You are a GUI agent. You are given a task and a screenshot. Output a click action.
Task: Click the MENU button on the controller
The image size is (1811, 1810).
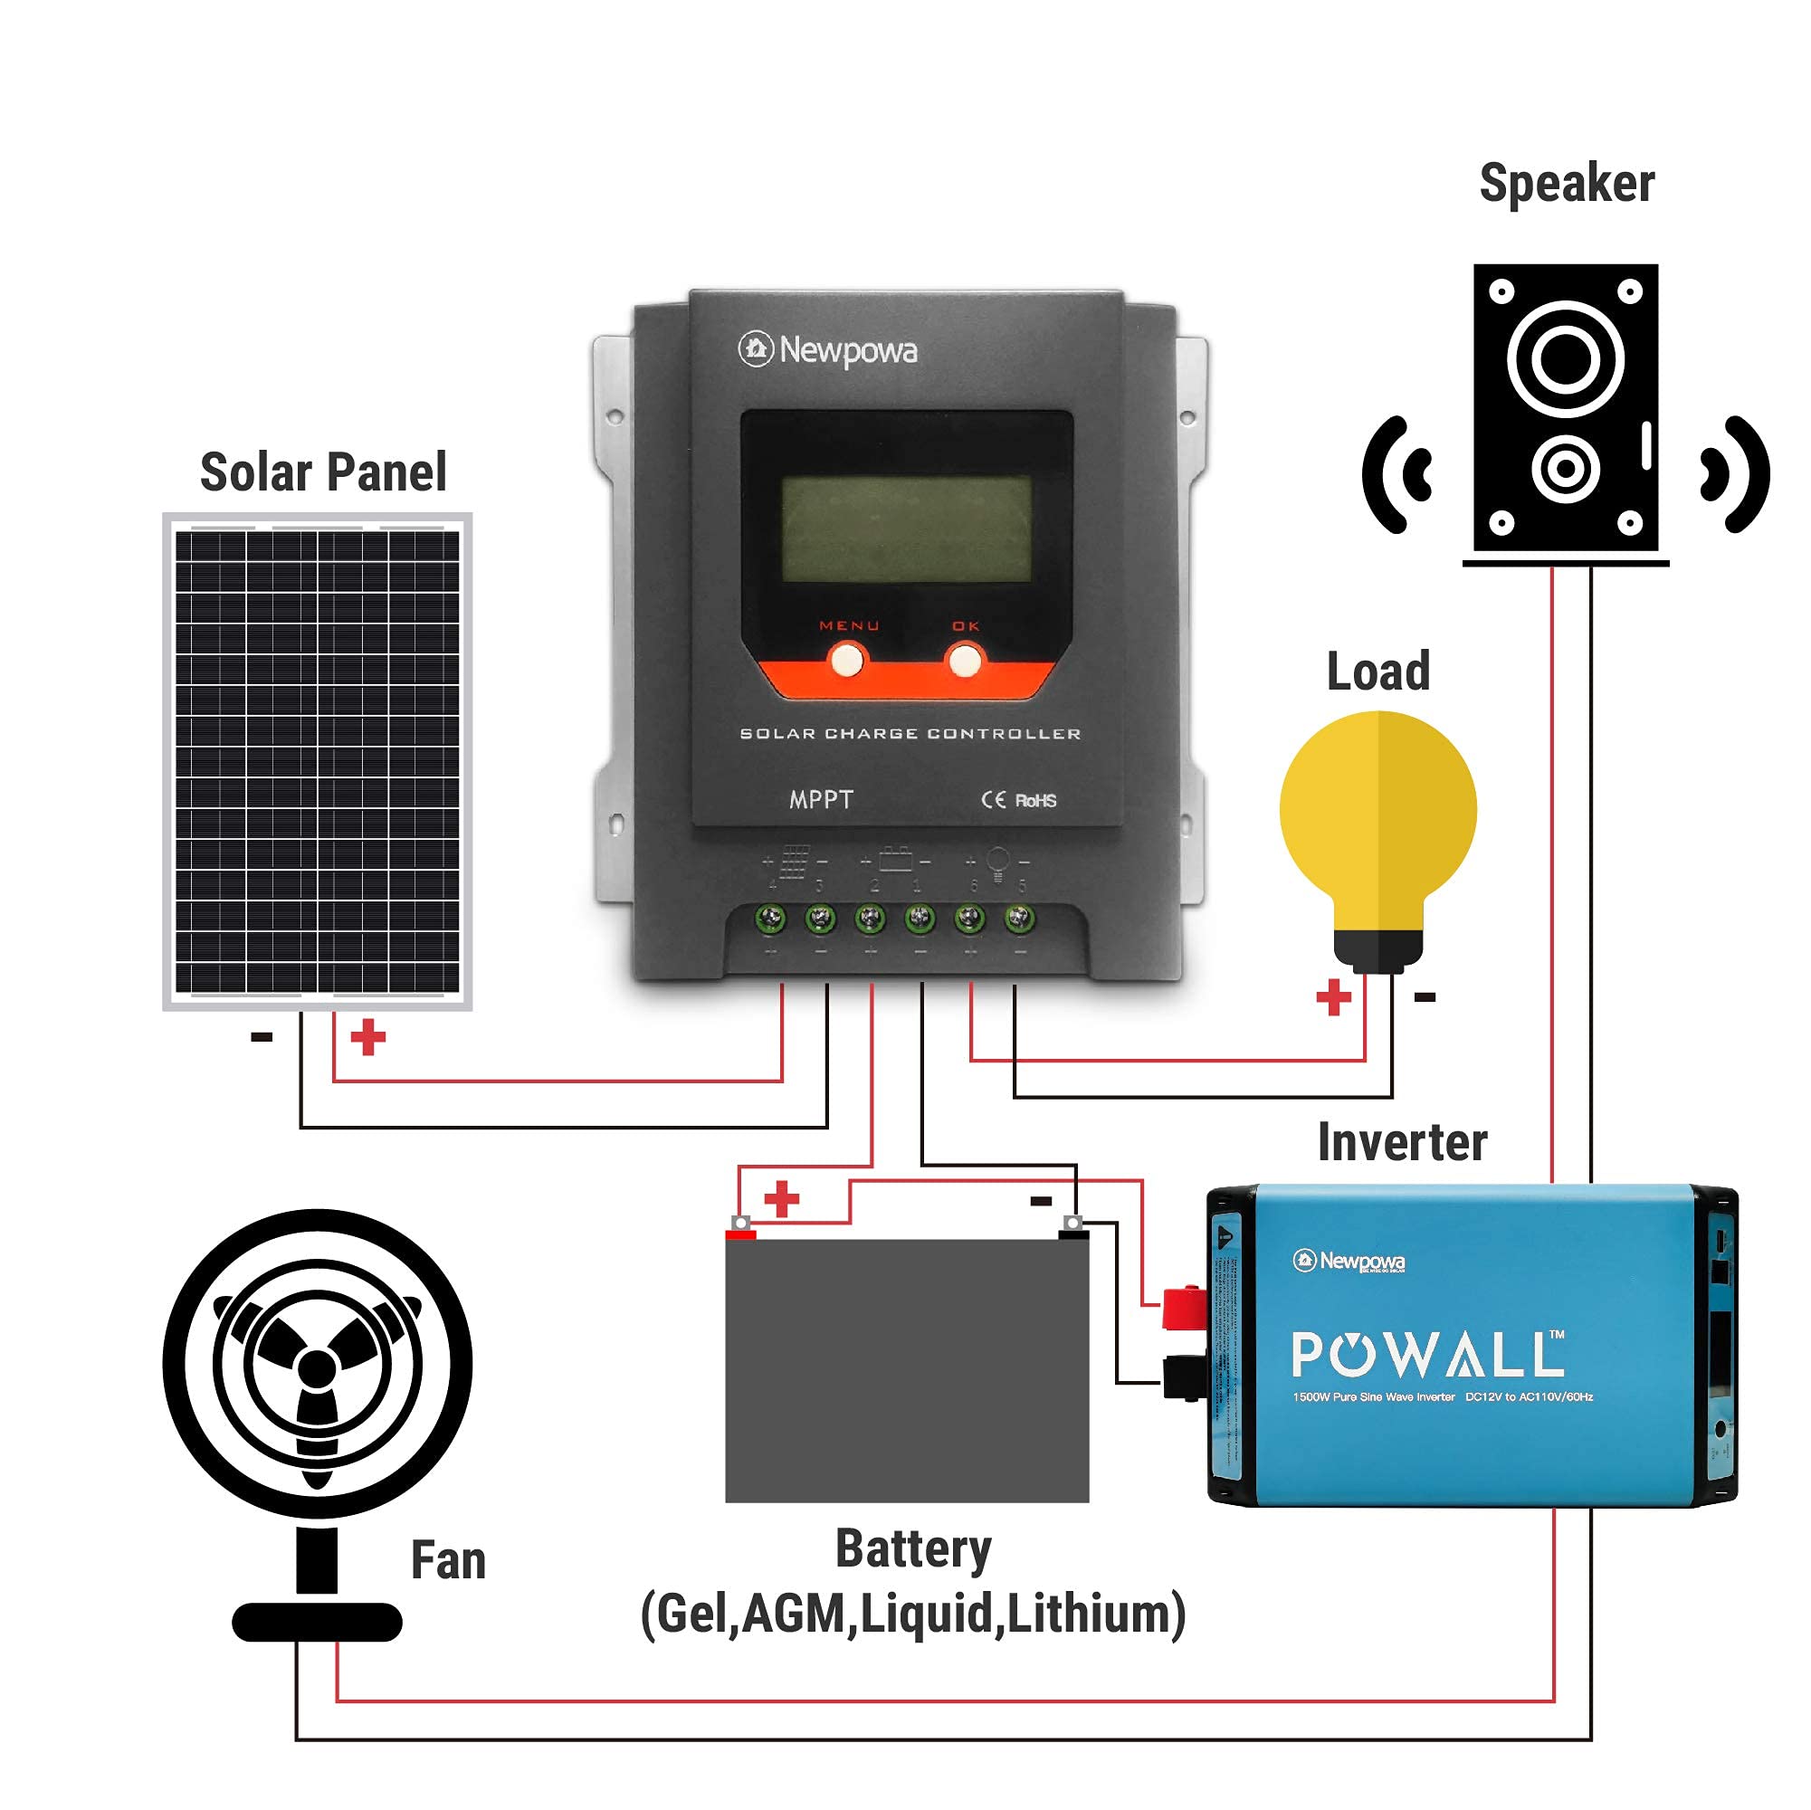(847, 660)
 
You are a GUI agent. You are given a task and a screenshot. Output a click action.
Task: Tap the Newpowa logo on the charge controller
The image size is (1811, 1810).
(828, 350)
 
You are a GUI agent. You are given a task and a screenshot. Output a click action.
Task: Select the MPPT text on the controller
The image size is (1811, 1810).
(821, 799)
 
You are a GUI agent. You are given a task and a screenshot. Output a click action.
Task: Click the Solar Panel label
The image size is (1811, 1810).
(323, 472)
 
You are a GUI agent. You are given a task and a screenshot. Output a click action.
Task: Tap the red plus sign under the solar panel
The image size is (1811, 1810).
(367, 1038)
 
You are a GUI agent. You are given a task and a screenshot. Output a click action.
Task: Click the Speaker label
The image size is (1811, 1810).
(1567, 184)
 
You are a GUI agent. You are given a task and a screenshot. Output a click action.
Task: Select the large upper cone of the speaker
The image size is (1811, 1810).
(1565, 359)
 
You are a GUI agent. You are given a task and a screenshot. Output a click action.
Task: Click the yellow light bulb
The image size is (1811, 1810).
(1377, 815)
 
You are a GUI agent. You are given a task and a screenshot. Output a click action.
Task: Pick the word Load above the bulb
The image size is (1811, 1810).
(1377, 672)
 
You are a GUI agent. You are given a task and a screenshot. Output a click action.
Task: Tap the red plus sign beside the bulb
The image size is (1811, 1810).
(1333, 997)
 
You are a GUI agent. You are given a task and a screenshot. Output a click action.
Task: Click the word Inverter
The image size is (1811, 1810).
(1402, 1143)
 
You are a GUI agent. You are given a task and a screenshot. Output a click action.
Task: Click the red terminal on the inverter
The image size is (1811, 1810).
(1183, 1308)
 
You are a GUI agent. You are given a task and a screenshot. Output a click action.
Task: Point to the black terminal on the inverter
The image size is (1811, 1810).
(1183, 1378)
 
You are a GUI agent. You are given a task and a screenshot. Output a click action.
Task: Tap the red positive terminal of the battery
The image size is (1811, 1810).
(740, 1232)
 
